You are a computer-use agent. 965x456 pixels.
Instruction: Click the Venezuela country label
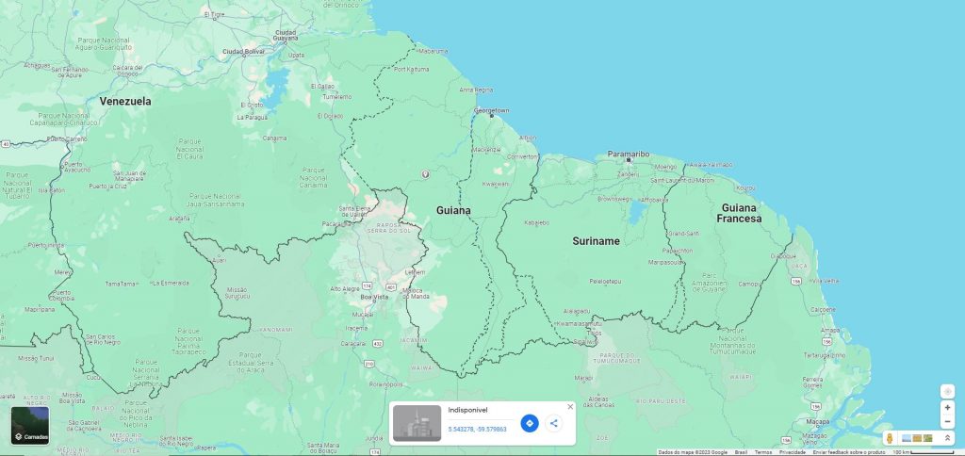(x=125, y=101)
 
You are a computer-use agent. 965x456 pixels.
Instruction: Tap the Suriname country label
(x=596, y=241)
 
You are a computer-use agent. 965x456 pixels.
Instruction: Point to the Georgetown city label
(x=491, y=110)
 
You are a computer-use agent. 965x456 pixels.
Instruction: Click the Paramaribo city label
(x=629, y=153)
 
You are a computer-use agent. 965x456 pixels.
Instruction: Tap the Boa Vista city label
(x=374, y=297)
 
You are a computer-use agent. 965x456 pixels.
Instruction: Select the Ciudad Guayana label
(x=286, y=36)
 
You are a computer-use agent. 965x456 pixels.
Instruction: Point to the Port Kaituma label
(x=411, y=69)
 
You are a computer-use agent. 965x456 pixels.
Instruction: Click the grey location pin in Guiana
(x=425, y=174)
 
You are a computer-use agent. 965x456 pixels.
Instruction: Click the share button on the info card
(x=553, y=423)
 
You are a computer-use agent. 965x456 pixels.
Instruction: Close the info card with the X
(x=570, y=407)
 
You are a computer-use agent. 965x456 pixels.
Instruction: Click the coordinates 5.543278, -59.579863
(x=477, y=429)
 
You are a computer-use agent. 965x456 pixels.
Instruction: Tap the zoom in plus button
(x=947, y=408)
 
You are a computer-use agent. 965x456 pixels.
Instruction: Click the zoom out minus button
(x=947, y=421)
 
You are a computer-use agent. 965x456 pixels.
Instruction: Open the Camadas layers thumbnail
(x=30, y=425)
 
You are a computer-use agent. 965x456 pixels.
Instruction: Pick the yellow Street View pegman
(x=889, y=438)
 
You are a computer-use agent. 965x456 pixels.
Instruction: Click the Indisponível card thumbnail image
(x=417, y=423)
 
